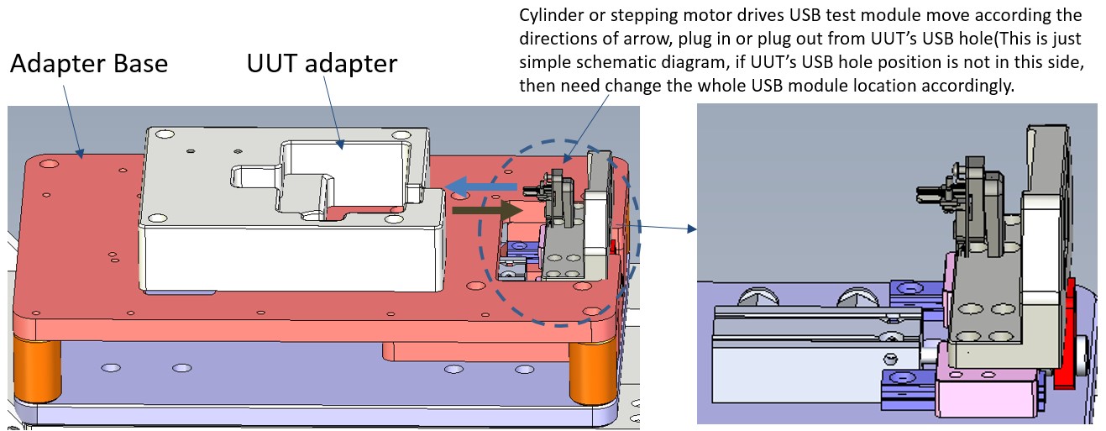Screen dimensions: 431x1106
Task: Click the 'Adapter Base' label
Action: (88, 64)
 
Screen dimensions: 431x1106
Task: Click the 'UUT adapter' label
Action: (322, 63)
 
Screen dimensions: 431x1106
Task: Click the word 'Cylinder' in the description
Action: (549, 16)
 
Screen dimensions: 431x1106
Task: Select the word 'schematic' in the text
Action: (605, 62)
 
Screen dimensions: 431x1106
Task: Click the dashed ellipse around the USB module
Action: (480, 252)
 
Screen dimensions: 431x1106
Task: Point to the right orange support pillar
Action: (592, 370)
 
